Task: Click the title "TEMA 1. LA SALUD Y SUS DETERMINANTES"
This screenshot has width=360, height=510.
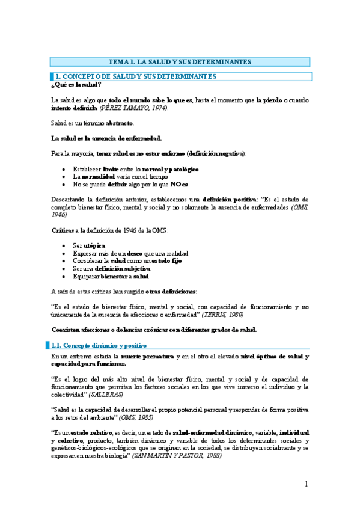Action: [x=180, y=61]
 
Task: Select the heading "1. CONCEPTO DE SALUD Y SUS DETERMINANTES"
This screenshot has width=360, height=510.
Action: [x=135, y=76]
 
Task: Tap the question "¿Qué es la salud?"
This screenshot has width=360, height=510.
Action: [x=76, y=85]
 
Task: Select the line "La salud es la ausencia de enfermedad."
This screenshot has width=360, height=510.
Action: [x=106, y=138]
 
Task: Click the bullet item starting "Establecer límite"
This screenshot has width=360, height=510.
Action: [x=135, y=169]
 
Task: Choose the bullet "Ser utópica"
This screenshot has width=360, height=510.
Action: [x=89, y=246]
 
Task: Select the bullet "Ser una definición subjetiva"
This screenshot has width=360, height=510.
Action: [x=115, y=268]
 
